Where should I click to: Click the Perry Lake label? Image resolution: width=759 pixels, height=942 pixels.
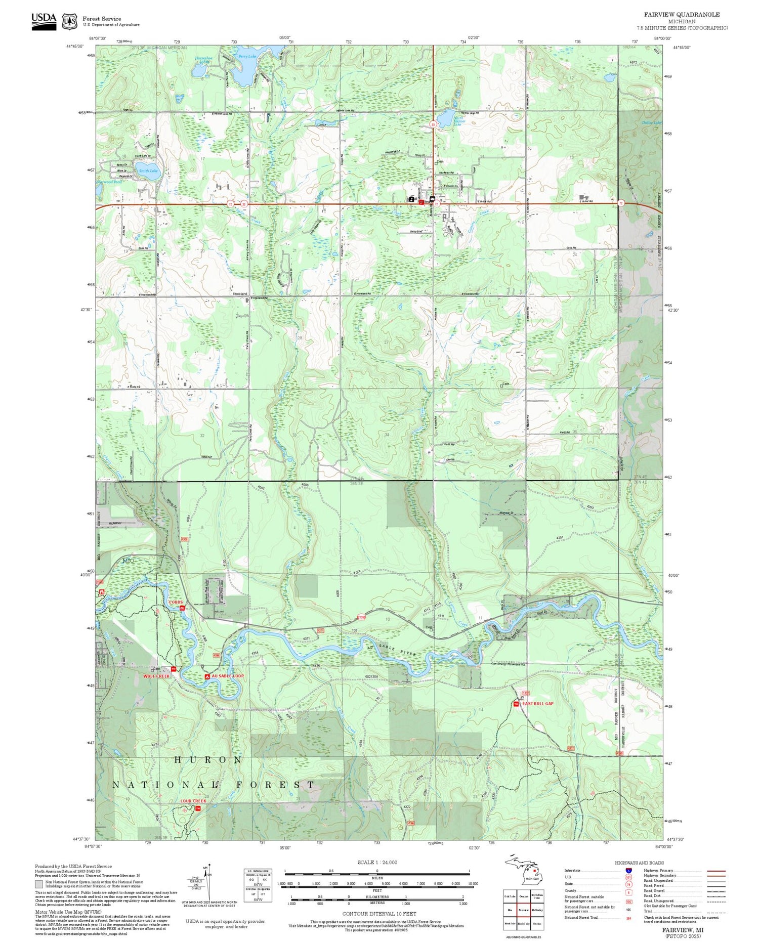(x=247, y=57)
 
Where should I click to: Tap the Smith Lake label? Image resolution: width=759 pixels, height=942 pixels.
(x=148, y=171)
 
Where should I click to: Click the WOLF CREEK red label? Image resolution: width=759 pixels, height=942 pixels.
(x=156, y=676)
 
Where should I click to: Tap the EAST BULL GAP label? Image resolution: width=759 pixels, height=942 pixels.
(x=538, y=704)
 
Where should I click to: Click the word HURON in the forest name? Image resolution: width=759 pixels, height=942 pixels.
(x=208, y=760)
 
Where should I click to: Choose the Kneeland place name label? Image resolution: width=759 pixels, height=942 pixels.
(x=240, y=293)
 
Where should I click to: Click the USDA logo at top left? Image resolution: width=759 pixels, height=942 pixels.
(x=44, y=21)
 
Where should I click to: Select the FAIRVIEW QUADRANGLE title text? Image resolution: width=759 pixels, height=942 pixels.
(x=682, y=15)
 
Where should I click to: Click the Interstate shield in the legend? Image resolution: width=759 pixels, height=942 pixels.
(x=628, y=870)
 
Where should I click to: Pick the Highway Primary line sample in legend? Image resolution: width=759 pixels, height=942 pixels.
(x=714, y=871)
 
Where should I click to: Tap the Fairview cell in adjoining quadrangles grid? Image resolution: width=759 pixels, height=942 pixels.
(x=523, y=909)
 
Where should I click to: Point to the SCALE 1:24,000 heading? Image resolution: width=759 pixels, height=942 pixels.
(x=377, y=862)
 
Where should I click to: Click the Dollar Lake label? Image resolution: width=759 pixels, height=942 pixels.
(x=651, y=123)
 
